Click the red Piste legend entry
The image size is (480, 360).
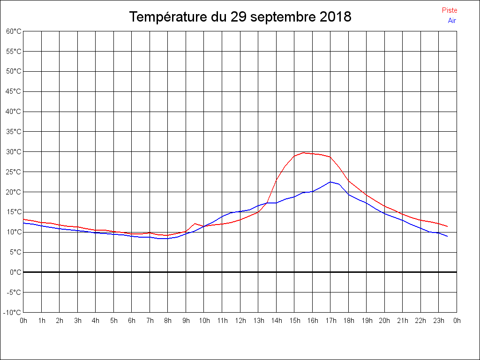[x=449, y=10]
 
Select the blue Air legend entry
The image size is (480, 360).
[x=452, y=21]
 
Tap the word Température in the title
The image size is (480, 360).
[x=167, y=17]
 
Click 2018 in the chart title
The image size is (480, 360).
[x=336, y=17]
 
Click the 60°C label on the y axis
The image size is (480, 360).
[x=14, y=31]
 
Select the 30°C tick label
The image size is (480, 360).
[x=14, y=151]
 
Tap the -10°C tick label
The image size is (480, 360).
[x=13, y=312]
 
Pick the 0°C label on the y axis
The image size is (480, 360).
[x=15, y=272]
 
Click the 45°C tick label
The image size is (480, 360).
[x=14, y=91]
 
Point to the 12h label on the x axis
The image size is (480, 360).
[x=240, y=321]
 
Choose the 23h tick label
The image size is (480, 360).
[x=439, y=321]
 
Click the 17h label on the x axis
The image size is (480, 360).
[x=330, y=321]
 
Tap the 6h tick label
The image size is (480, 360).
[x=132, y=321]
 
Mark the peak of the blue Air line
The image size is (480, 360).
[x=330, y=182]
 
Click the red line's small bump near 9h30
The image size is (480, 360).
[x=195, y=224]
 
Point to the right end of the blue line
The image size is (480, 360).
[x=448, y=236]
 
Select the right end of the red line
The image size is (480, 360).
[x=448, y=226]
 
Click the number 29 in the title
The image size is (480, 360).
[x=238, y=17]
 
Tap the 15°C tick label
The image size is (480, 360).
[x=14, y=212]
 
